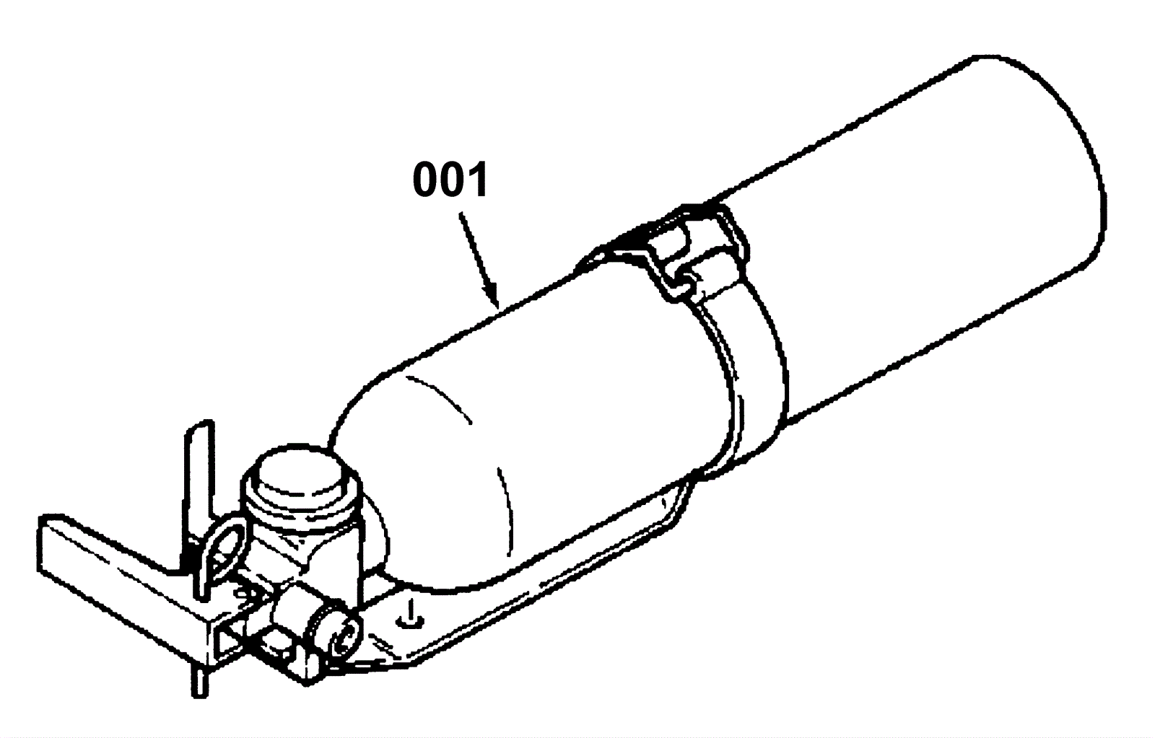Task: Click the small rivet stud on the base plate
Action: (x=409, y=613)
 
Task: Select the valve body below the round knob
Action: (x=303, y=548)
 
